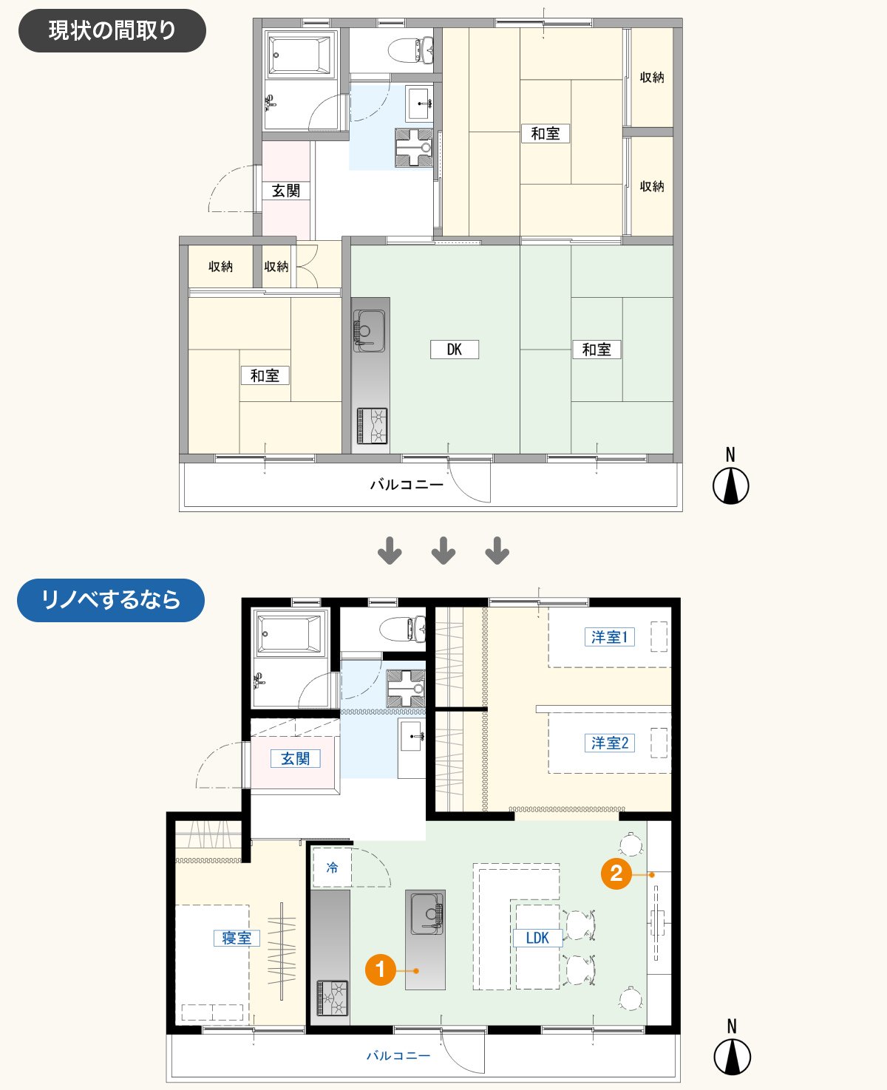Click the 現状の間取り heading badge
click(112, 30)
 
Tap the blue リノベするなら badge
click(111, 600)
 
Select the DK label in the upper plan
click(455, 350)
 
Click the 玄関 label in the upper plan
click(286, 191)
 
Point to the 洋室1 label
click(610, 637)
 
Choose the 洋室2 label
click(610, 743)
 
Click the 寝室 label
click(237, 938)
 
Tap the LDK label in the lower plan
click(537, 938)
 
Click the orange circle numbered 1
click(380, 970)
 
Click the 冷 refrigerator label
click(332, 868)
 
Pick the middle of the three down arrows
click(443, 551)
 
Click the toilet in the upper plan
click(411, 50)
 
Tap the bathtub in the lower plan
click(290, 634)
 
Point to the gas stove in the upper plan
click(372, 426)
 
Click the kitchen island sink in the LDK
click(426, 913)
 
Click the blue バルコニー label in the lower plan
click(398, 1056)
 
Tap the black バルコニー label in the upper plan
click(407, 484)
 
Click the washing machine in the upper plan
click(413, 148)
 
